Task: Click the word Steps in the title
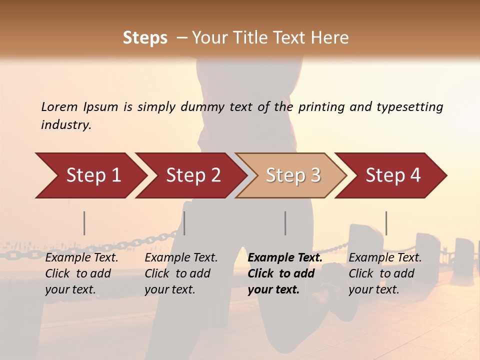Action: coord(145,38)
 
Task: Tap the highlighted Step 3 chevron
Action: coord(293,175)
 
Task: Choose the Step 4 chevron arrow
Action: coord(393,175)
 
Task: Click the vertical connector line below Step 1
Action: coord(84,223)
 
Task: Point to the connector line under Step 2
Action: coord(184,223)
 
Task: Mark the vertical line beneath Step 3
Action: coord(285,223)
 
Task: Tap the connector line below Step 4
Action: coord(386,223)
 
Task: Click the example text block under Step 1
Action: coord(81,273)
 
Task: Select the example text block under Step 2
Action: coord(181,273)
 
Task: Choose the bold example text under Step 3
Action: coord(285,273)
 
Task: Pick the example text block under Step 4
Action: coord(385,273)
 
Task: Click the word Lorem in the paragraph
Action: coord(59,107)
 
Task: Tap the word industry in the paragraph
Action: coord(65,125)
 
